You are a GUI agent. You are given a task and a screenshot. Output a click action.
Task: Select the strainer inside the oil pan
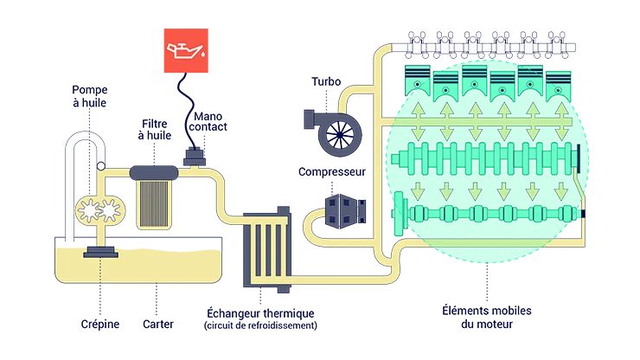102,251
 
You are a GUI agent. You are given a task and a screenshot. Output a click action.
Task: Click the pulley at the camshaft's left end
403,213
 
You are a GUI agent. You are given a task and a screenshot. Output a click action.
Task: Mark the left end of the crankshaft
399,160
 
